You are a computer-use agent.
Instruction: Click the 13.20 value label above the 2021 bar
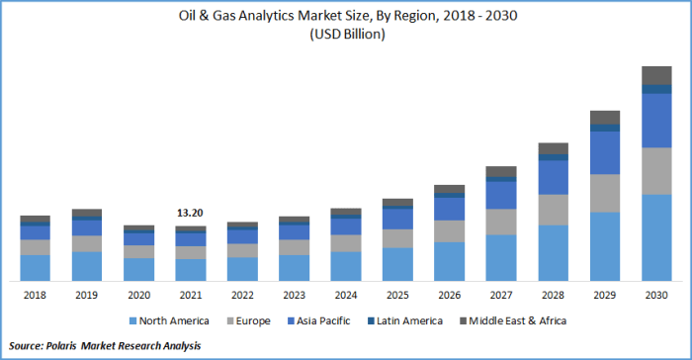(x=190, y=213)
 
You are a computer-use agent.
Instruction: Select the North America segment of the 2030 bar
(x=656, y=237)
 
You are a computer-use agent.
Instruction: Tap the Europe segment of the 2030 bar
(x=656, y=171)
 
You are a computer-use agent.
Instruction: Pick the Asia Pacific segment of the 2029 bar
(x=605, y=152)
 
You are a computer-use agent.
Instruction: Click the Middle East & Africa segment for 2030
(x=656, y=75)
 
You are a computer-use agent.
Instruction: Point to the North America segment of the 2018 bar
(x=36, y=267)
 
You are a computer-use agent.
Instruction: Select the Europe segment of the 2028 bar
(x=554, y=210)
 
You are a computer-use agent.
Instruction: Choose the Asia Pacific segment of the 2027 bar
(x=501, y=195)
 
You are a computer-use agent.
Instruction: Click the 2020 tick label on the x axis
(x=138, y=294)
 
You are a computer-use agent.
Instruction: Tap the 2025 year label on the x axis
(x=397, y=294)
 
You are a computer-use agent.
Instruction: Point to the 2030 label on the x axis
(x=656, y=294)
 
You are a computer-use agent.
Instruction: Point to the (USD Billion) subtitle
(x=346, y=34)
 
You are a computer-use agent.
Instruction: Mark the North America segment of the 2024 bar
(x=346, y=266)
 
